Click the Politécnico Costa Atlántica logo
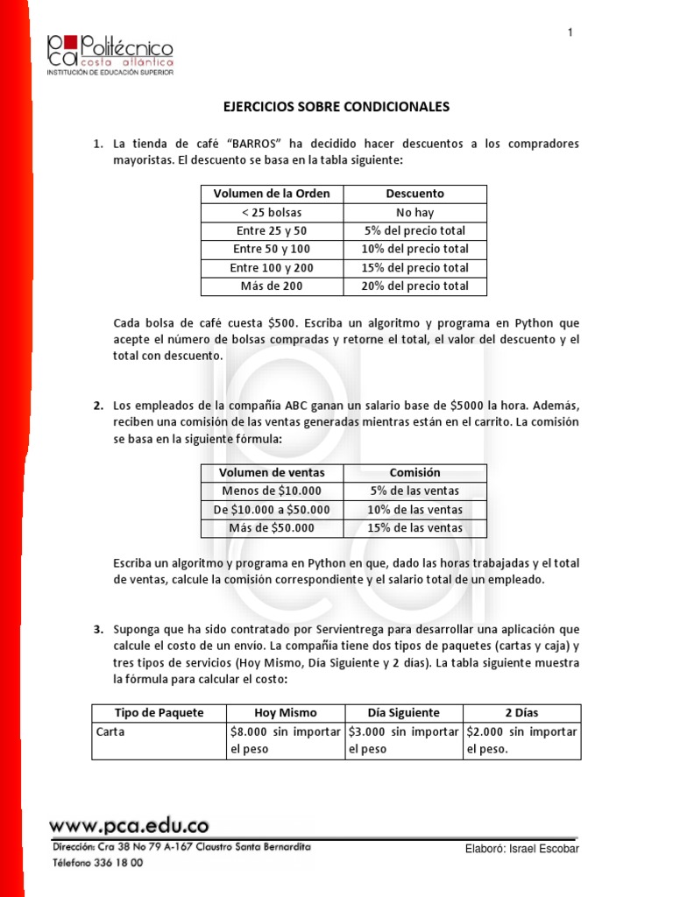point(110,54)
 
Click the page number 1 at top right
point(570,32)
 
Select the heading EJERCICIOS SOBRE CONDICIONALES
point(336,107)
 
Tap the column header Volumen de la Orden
point(272,194)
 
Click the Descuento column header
point(414,194)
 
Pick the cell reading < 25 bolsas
point(272,212)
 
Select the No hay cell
point(414,212)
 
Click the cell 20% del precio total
point(414,286)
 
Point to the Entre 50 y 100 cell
point(272,250)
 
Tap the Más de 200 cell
point(272,286)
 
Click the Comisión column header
point(414,472)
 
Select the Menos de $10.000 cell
point(272,491)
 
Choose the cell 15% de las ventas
point(414,528)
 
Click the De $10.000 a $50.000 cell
point(272,510)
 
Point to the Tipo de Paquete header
point(159,713)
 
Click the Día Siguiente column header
point(404,713)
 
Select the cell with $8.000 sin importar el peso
point(286,740)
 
